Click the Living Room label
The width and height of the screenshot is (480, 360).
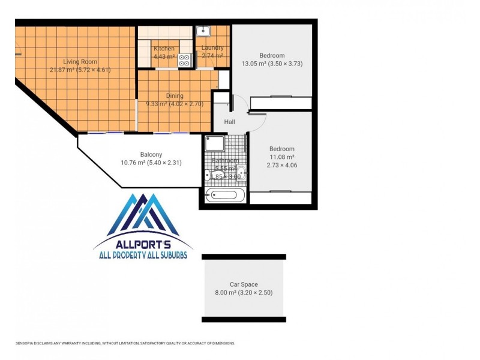(80, 62)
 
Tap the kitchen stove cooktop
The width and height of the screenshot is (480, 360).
(184, 59)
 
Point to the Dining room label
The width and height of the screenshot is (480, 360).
(175, 96)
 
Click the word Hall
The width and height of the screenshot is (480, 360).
(230, 122)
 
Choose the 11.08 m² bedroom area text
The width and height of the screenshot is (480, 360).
(281, 158)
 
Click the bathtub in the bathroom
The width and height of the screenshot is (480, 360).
(225, 196)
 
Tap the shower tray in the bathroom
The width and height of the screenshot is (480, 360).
(215, 143)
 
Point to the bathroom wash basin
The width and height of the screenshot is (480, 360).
(240, 170)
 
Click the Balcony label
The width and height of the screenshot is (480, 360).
(151, 154)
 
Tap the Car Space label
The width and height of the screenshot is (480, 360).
(244, 284)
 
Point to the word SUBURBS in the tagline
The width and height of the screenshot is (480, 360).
(169, 255)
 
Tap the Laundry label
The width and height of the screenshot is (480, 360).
(212, 48)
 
